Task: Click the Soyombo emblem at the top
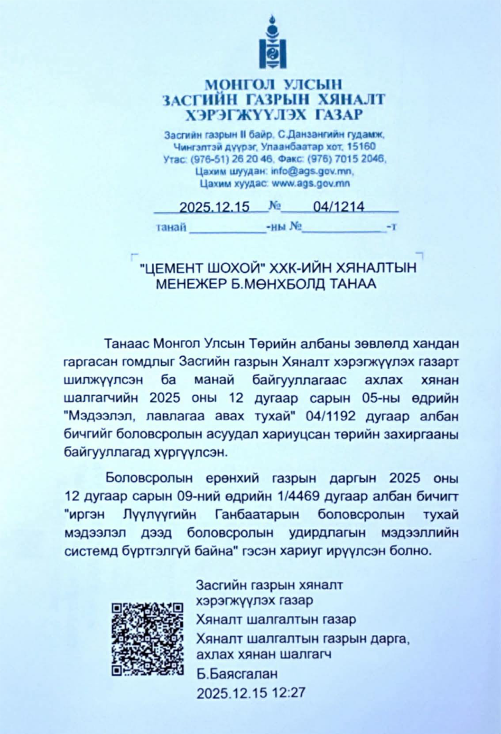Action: pyautogui.click(x=272, y=44)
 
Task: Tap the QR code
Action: pyautogui.click(x=147, y=639)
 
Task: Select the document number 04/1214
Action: pyautogui.click(x=338, y=207)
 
